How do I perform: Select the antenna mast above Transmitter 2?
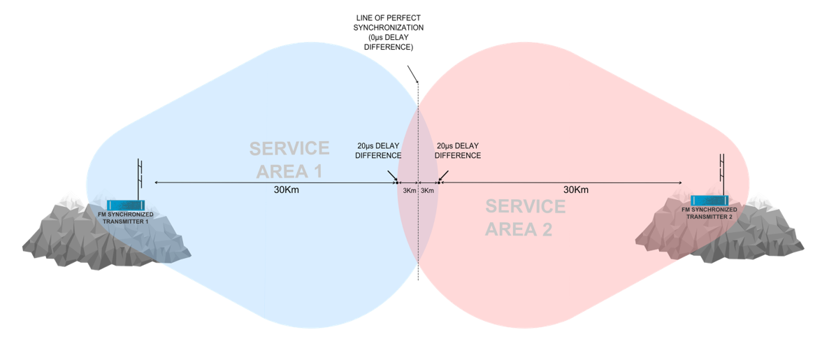click(x=723, y=171)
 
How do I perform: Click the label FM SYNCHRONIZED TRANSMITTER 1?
click(x=127, y=218)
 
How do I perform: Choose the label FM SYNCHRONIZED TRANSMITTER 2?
click(x=710, y=213)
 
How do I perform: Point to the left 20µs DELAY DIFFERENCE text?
click(x=378, y=150)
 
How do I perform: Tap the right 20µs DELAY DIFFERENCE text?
click(x=458, y=150)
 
